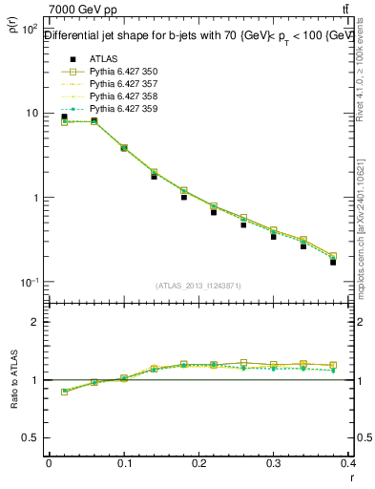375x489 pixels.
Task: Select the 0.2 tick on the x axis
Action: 199,462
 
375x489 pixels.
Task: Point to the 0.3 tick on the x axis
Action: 275,462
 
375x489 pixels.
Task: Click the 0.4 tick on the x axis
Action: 349,462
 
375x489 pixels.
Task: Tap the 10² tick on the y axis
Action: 31,30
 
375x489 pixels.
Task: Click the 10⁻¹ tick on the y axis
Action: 31,283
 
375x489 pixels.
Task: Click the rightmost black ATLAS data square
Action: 333,262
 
